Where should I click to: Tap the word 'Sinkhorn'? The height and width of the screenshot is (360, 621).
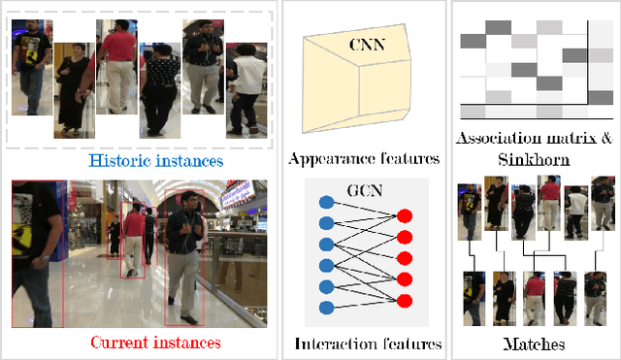(535, 158)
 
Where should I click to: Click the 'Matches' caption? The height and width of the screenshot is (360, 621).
(535, 344)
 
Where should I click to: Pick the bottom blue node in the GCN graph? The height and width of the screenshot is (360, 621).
(326, 309)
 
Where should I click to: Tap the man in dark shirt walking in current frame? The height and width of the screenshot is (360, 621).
(184, 257)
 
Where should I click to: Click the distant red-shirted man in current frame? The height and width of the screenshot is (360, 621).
(133, 243)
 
